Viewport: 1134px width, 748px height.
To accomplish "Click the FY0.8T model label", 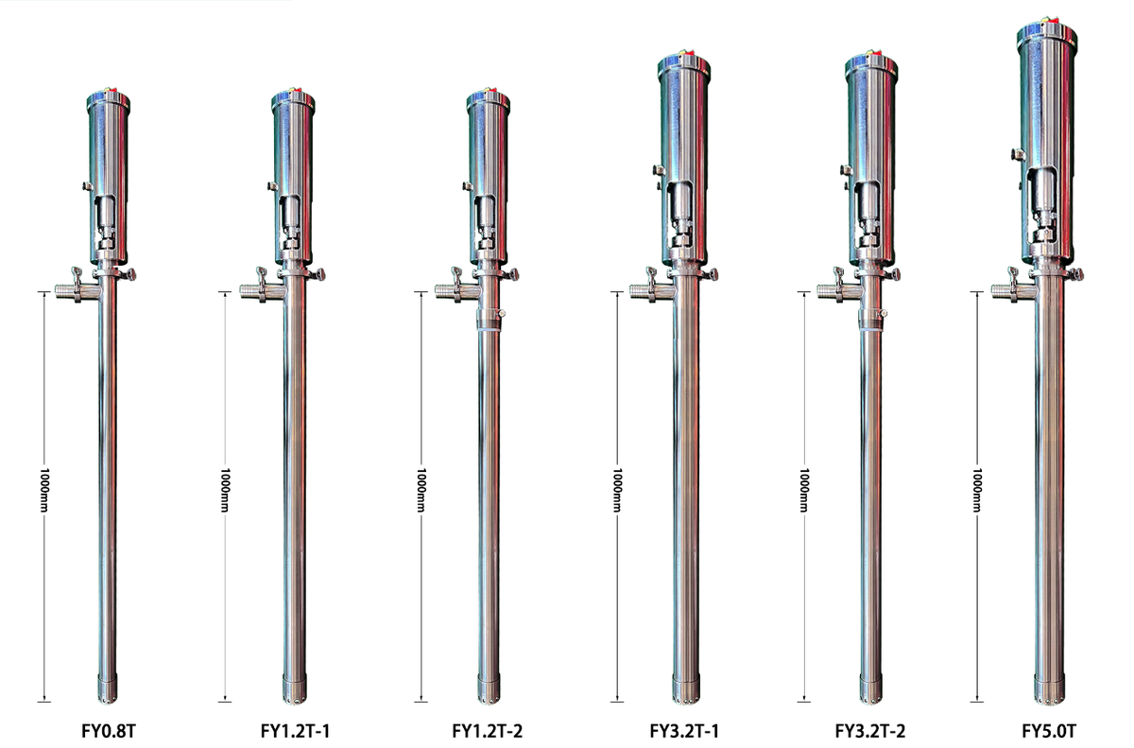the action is point(109,731).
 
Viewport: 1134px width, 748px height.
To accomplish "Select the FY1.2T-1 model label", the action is point(295,731).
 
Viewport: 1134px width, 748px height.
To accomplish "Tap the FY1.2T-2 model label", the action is point(487,731).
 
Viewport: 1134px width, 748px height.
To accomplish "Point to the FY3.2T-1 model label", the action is point(684,731).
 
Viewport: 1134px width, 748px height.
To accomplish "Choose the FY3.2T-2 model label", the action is point(869,731).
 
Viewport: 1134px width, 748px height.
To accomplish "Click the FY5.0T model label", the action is point(1049,731).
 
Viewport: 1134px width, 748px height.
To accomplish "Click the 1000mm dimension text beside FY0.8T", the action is point(44,490).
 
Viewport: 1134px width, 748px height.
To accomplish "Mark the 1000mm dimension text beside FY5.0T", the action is point(977,490).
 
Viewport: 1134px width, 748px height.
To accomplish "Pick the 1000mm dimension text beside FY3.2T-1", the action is point(616,490).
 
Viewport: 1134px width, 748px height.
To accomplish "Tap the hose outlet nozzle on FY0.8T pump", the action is point(66,291).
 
